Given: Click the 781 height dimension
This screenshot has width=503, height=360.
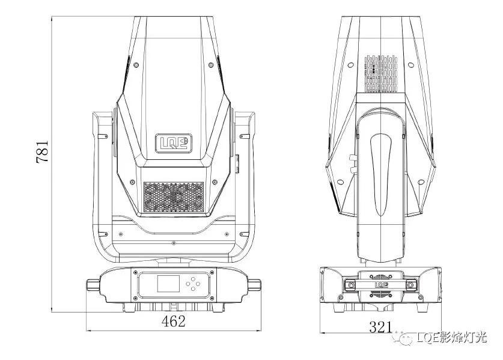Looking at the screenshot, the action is coord(42,151).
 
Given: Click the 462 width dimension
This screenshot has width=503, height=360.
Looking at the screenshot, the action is coord(173,321).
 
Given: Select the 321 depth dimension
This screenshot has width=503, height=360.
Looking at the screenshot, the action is coord(380,327).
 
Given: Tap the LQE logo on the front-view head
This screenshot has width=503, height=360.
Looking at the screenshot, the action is coord(174,143).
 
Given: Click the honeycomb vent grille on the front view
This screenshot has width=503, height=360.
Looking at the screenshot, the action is coord(174,197).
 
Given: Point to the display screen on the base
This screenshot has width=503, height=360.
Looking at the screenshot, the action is coord(168,284).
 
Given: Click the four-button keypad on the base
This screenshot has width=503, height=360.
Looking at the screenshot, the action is coord(193,284).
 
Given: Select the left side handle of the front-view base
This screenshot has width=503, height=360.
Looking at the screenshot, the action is coord(93,285).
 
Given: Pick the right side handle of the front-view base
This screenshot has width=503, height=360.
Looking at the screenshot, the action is coord(254,285).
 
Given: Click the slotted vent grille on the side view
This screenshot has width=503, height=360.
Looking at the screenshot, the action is coord(381,73).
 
